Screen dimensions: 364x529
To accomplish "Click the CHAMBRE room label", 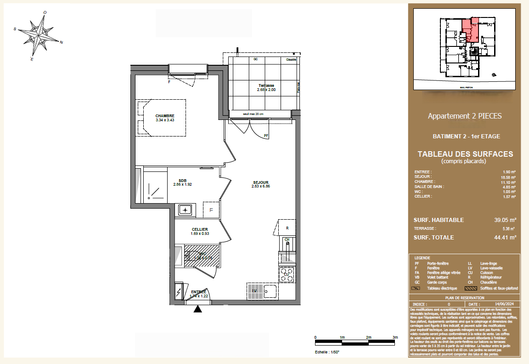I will (164, 116).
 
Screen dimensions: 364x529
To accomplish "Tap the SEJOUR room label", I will (259, 182).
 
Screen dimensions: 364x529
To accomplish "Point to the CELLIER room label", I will (200, 229).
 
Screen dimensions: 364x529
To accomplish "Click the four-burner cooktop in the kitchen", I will (287, 274).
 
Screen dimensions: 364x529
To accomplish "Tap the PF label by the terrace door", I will (266, 136).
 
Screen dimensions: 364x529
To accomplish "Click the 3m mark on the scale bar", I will (395, 338).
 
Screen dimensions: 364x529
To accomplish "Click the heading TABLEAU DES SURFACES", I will (465, 154).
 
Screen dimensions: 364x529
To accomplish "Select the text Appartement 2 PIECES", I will (465, 116).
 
